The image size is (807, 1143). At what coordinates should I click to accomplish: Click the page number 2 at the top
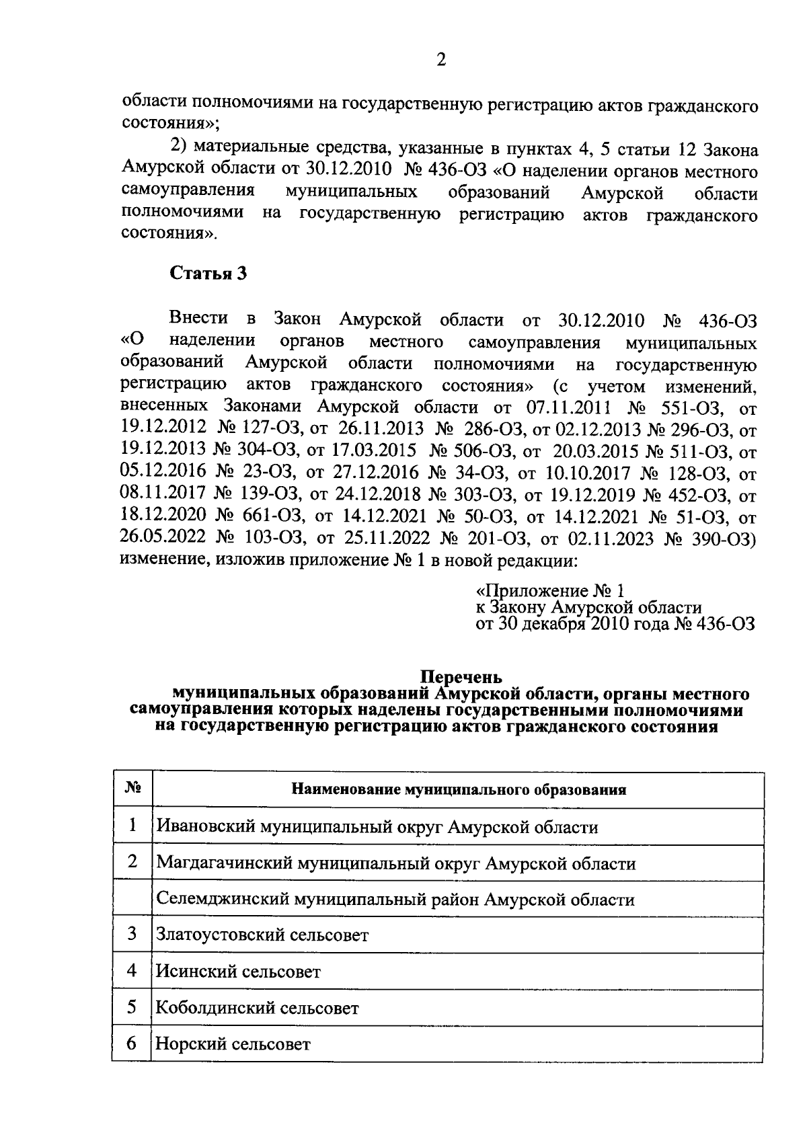click(x=440, y=60)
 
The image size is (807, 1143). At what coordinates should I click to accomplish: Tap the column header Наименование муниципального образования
click(x=459, y=789)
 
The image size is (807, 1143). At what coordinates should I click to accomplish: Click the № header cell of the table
click(x=132, y=788)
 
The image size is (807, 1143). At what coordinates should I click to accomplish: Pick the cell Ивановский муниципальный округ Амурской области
click(x=377, y=826)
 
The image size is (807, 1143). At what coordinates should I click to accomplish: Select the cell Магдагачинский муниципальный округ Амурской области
click(x=395, y=863)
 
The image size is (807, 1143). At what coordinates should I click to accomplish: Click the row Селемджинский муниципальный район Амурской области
click(x=395, y=899)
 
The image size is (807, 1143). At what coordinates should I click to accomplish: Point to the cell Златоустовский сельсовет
click(x=262, y=935)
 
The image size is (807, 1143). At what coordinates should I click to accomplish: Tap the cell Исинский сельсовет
click(x=238, y=971)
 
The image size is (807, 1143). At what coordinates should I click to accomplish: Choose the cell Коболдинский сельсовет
click(x=257, y=1008)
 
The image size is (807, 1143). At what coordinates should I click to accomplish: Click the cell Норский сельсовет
click(x=233, y=1044)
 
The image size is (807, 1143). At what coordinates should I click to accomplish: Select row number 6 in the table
click(x=132, y=1043)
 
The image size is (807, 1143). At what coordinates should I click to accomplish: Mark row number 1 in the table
click(x=132, y=825)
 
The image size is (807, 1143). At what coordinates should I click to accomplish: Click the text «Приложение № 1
click(x=550, y=591)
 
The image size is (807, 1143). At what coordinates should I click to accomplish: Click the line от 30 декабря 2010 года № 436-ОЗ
click(x=615, y=624)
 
